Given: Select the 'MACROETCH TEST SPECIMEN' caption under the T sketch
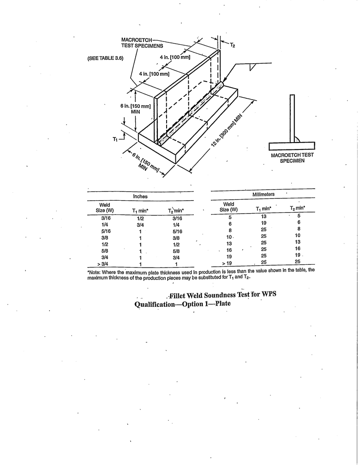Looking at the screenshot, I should point(292,158).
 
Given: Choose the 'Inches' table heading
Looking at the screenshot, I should point(140,197).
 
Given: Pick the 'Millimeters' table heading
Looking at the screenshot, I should point(263,195).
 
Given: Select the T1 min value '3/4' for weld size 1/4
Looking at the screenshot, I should point(140,224).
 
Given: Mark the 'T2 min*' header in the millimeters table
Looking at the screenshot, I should point(298,208).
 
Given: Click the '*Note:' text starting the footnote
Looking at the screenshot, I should point(94,270).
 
